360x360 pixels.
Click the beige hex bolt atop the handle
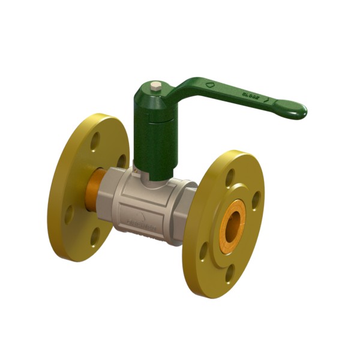tap(155, 88)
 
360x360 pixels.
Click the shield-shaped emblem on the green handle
tap(209, 85)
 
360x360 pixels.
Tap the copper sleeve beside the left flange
tap(97, 191)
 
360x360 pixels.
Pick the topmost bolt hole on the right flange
tap(231, 175)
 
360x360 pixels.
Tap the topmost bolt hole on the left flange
tap(95, 142)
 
